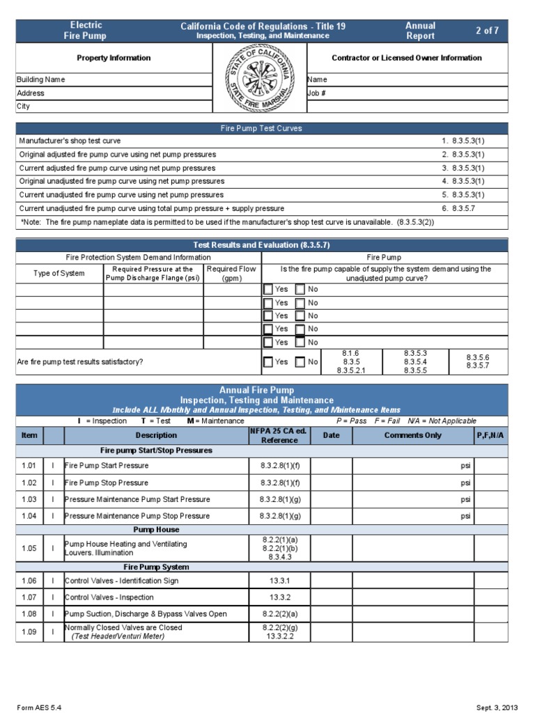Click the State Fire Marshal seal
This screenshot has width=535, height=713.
tap(261, 78)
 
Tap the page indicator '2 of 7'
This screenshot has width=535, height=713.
tap(487, 31)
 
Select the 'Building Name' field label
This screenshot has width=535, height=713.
tap(40, 79)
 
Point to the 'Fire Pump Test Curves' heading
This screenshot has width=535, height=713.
tap(261, 129)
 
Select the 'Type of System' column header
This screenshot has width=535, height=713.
tap(59, 274)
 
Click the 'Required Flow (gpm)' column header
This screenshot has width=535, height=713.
tap(231, 274)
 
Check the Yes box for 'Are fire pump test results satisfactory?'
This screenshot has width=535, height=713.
tap(268, 362)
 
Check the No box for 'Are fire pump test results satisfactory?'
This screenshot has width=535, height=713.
tap(300, 362)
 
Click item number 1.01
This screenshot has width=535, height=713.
tap(29, 466)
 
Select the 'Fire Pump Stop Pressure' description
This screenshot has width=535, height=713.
tap(107, 483)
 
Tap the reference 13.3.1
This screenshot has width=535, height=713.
tap(279, 581)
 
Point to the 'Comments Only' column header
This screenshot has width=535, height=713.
tap(413, 436)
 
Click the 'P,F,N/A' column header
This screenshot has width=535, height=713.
tap(491, 436)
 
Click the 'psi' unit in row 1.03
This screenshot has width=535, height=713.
tap(465, 499)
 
